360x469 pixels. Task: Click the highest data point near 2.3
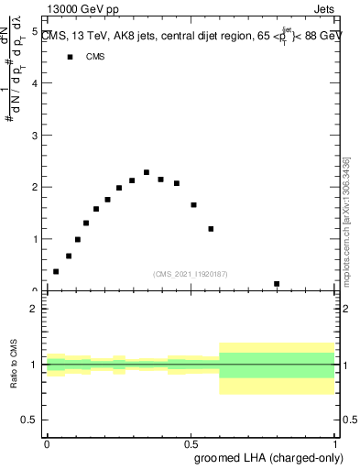(147, 172)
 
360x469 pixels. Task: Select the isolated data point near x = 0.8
(277, 284)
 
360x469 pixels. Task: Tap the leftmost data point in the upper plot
(56, 271)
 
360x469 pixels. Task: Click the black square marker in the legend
(69, 57)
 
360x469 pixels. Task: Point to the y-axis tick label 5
(34, 31)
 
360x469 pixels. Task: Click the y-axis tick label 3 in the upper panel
(34, 135)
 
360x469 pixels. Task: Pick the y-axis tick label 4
(34, 83)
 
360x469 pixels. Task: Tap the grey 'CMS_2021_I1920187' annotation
(191, 274)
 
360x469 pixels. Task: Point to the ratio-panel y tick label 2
(34, 309)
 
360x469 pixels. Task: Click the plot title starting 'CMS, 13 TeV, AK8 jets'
(188, 37)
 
